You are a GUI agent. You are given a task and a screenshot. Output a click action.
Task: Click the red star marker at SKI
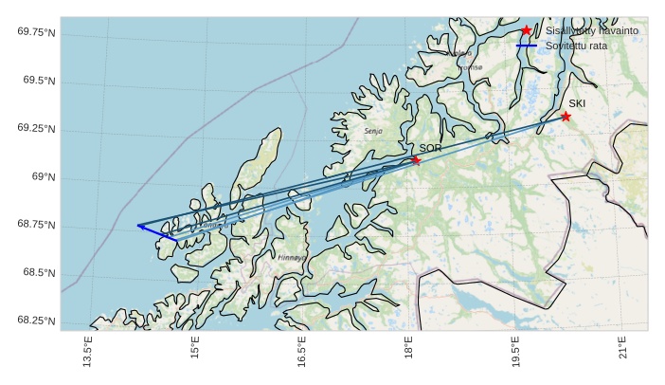pyautogui.click(x=566, y=117)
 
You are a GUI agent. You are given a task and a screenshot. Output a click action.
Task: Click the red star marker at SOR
pyautogui.click(x=416, y=160)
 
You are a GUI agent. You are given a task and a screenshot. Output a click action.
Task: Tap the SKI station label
pyautogui.click(x=577, y=103)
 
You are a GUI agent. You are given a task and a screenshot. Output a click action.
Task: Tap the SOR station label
pyautogui.click(x=430, y=149)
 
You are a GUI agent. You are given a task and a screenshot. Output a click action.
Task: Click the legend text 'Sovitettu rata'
pyautogui.click(x=577, y=46)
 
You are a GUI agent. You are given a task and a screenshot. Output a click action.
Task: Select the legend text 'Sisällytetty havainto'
pyautogui.click(x=591, y=31)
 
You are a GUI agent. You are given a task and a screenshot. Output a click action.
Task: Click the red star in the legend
pyautogui.click(x=526, y=30)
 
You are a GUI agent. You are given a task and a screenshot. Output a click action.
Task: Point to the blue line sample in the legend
pyautogui.click(x=526, y=46)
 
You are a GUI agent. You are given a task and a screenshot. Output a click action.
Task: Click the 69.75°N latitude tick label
pyautogui.click(x=36, y=32)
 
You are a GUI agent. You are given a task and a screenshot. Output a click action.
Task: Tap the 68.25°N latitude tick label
pyautogui.click(x=36, y=321)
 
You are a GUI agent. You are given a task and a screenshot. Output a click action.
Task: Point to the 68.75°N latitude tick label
pyautogui.click(x=36, y=226)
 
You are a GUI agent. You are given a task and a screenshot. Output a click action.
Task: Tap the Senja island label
pyautogui.click(x=373, y=131)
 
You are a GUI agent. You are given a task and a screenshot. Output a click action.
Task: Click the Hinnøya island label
pyautogui.click(x=292, y=257)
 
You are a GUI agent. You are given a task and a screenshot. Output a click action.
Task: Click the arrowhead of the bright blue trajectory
pyautogui.click(x=139, y=226)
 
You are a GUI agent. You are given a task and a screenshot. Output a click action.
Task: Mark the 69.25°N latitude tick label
pyautogui.click(x=36, y=129)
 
